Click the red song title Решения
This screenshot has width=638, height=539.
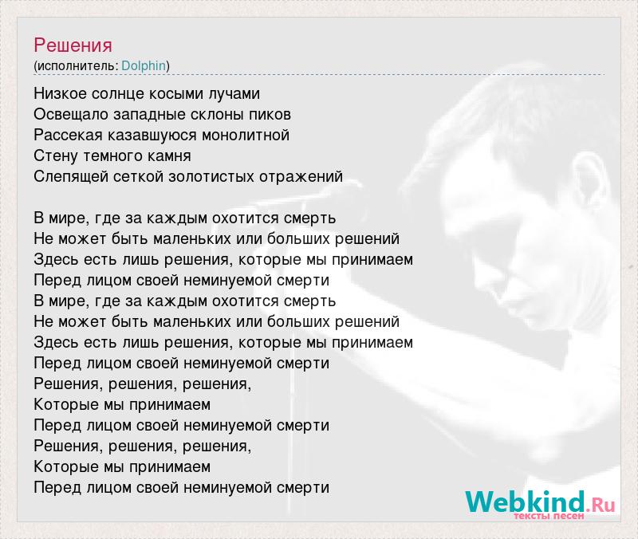click(x=73, y=45)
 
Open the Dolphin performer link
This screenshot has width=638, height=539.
click(x=144, y=66)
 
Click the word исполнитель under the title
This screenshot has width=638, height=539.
click(x=76, y=66)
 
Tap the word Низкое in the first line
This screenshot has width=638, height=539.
click(x=61, y=93)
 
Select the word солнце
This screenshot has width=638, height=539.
click(x=118, y=94)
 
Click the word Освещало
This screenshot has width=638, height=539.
click(x=71, y=114)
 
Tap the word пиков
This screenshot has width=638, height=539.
click(x=270, y=115)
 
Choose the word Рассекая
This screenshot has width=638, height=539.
click(x=68, y=135)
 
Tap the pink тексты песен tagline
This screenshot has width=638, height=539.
click(x=549, y=516)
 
